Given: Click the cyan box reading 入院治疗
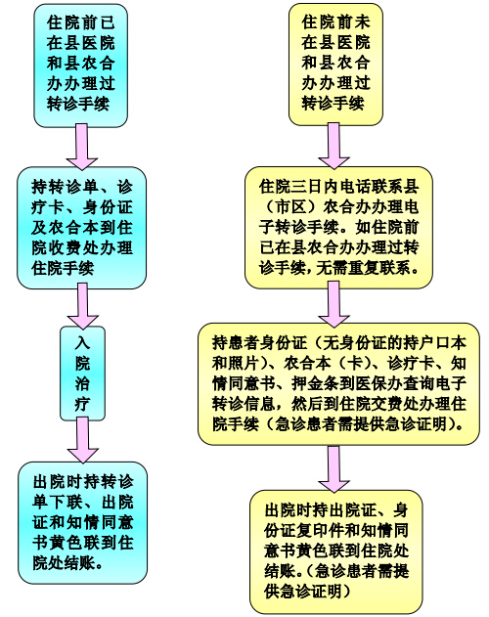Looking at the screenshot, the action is pyautogui.click(x=83, y=373).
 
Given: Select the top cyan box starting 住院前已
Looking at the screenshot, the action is pyautogui.click(x=81, y=66).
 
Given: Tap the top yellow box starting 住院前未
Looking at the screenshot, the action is pyautogui.click(x=335, y=65).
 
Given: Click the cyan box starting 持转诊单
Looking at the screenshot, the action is pyautogui.click(x=81, y=228).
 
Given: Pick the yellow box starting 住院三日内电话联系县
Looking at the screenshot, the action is pyautogui.click(x=338, y=228).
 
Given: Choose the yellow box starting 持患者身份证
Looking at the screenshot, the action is pyautogui.click(x=338, y=384).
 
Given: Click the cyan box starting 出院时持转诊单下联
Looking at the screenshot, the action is pyautogui.click(x=83, y=522).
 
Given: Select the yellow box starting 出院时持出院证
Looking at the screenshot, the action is pyautogui.click(x=335, y=551).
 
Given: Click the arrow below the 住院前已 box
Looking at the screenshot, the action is pyautogui.click(x=82, y=148).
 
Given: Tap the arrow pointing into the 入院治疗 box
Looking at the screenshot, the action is pyautogui.click(x=83, y=306).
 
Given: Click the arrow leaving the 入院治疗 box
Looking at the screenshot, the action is pyautogui.click(x=83, y=440).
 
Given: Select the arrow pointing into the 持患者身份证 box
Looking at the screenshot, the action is pyautogui.click(x=333, y=304).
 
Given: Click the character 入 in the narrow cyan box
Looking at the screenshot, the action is pyautogui.click(x=83, y=343).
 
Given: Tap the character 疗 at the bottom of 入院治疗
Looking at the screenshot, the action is pyautogui.click(x=83, y=404).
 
